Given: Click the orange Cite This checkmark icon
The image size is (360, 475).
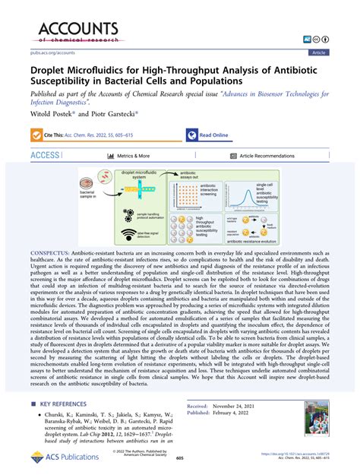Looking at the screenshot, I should click(x=33, y=135).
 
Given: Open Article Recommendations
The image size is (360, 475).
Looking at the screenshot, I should click(x=249, y=154).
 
